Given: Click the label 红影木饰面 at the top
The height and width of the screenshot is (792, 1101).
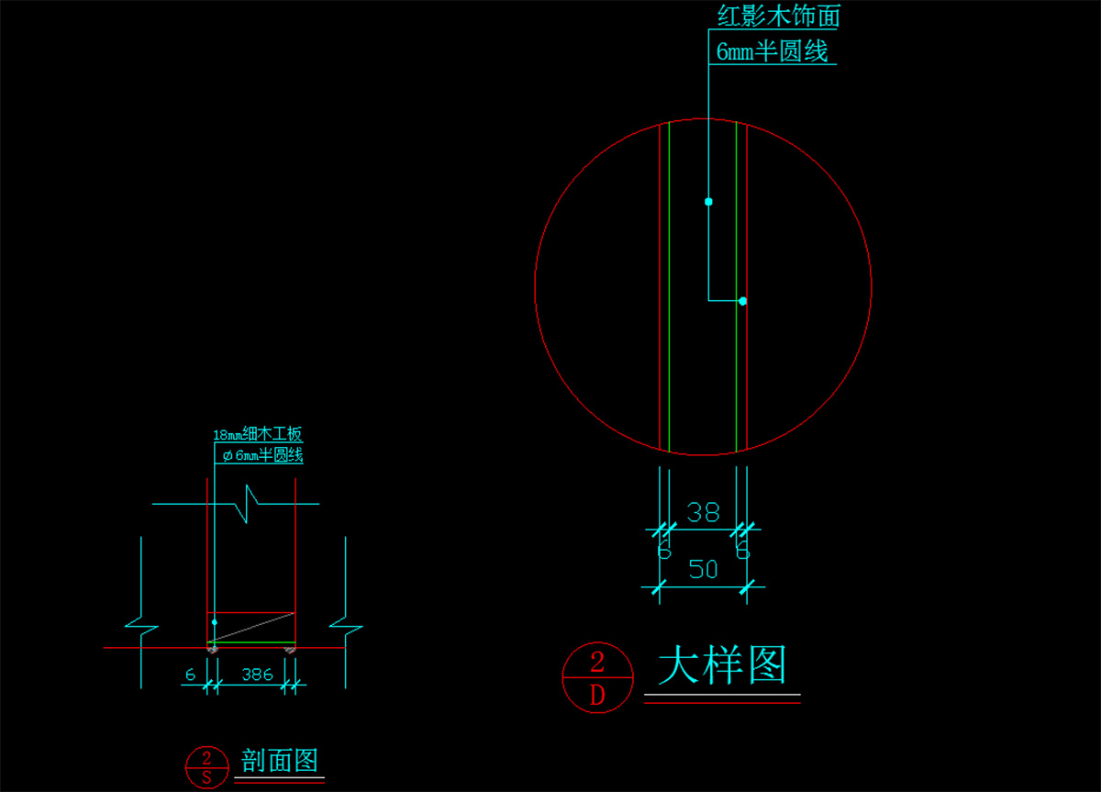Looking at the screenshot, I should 778,16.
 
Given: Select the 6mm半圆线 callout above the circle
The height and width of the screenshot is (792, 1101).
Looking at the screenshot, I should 772,51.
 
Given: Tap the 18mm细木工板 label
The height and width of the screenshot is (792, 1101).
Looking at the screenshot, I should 258,435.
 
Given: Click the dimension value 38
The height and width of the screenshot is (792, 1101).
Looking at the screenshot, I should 703,512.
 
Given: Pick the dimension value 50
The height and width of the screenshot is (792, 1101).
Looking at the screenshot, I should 703,570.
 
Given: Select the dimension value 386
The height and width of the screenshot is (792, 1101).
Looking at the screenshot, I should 257,675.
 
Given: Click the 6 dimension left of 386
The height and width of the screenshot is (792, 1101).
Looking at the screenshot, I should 191,675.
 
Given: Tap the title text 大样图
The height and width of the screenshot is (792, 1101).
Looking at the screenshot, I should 722,665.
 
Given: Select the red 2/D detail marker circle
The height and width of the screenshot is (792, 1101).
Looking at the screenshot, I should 597,677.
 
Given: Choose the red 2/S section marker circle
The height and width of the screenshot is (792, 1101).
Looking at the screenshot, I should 206,766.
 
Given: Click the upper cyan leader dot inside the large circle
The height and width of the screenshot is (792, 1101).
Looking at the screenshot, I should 708,201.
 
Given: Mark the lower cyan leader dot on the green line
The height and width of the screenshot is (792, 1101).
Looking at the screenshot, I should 742,301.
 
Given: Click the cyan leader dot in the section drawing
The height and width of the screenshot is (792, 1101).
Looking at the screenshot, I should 215,622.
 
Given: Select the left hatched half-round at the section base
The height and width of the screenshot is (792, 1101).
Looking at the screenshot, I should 212,649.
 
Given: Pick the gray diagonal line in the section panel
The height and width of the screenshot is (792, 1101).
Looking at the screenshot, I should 251,627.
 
